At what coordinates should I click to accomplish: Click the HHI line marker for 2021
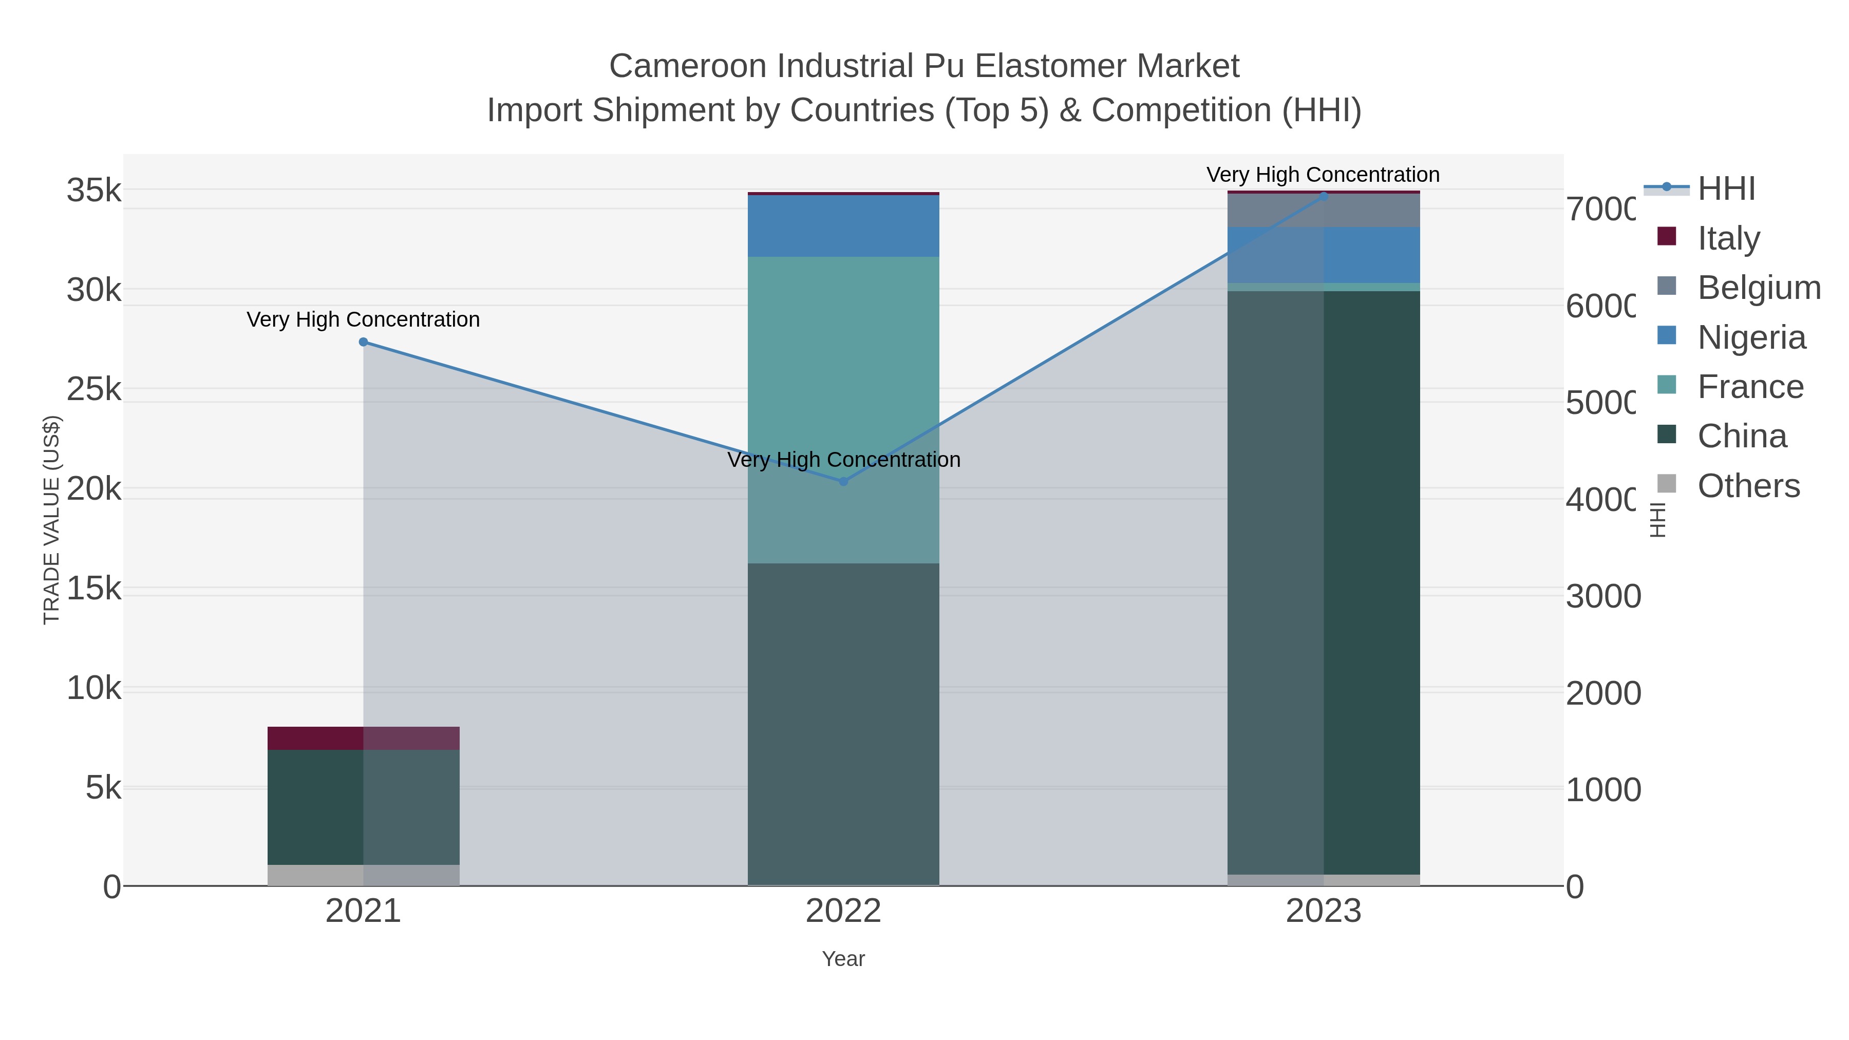pyautogui.click(x=363, y=343)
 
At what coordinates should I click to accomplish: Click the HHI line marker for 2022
pyautogui.click(x=843, y=482)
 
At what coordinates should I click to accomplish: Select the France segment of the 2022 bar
pyautogui.click(x=843, y=409)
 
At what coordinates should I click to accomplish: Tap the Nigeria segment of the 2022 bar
pyautogui.click(x=843, y=225)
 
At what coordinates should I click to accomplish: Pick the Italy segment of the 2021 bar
pyautogui.click(x=363, y=738)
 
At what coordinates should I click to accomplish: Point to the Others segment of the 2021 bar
pyautogui.click(x=363, y=875)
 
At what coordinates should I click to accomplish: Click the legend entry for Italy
pyautogui.click(x=1728, y=238)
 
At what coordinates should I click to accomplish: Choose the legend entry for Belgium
pyautogui.click(x=1759, y=288)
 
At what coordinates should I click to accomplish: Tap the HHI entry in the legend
pyautogui.click(x=1726, y=189)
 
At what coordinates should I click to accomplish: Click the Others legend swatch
pyautogui.click(x=1667, y=484)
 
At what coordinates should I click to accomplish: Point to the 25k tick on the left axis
pyautogui.click(x=94, y=390)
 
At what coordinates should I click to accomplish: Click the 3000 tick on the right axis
pyautogui.click(x=1603, y=596)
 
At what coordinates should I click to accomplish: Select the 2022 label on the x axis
pyautogui.click(x=843, y=912)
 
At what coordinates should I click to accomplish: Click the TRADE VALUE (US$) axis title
pyautogui.click(x=52, y=520)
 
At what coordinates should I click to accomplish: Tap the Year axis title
pyautogui.click(x=843, y=959)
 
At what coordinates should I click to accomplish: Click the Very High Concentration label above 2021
pyautogui.click(x=363, y=319)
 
